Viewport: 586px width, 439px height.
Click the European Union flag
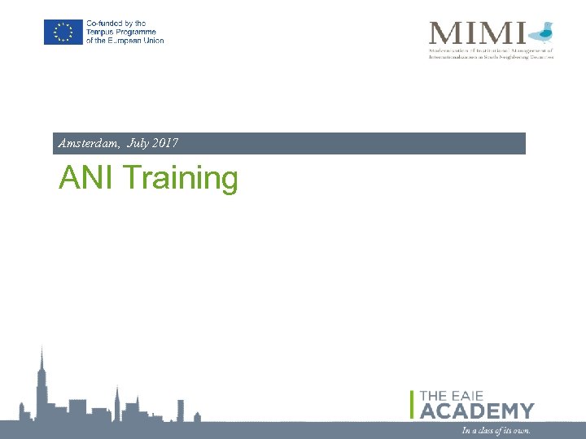[x=63, y=33]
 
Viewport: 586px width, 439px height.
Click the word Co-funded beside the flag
[x=105, y=24]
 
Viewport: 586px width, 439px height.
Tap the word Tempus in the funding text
[x=101, y=33]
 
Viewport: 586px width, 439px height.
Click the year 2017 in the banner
[x=165, y=144]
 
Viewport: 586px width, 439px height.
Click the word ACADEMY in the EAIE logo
[x=478, y=411]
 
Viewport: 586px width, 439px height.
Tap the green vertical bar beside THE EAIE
[x=413, y=404]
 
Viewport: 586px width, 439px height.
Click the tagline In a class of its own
[x=496, y=430]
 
